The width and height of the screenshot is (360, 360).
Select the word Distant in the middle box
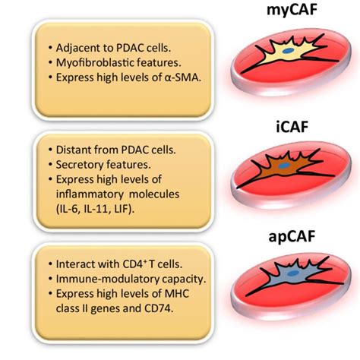[x=70, y=151]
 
